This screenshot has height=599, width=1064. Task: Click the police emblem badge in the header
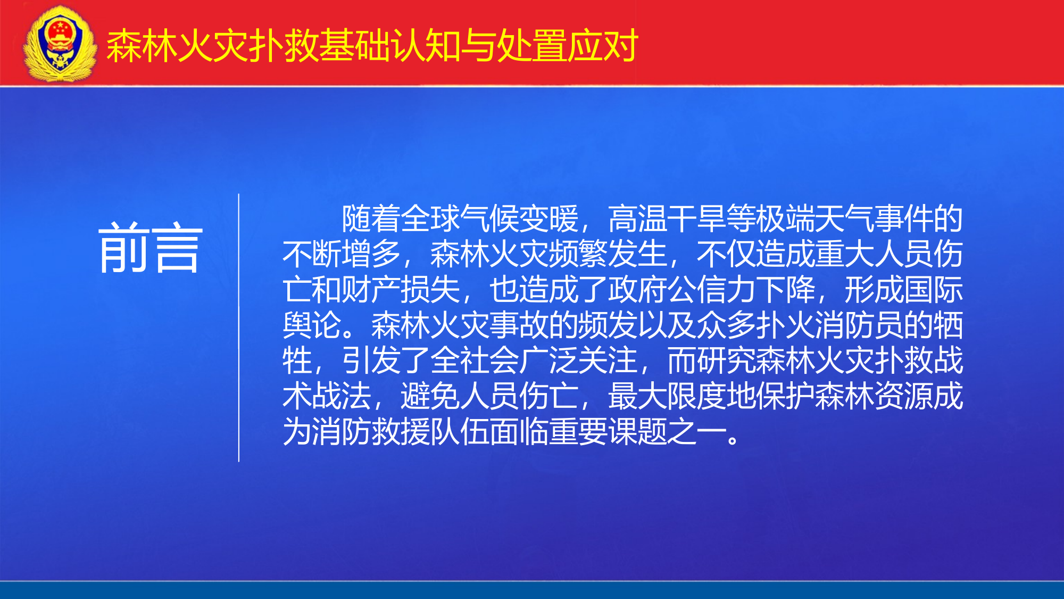[60, 44]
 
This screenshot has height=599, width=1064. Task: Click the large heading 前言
[151, 248]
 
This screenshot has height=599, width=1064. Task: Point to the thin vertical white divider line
[239, 327]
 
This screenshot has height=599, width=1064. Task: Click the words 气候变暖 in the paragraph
[519, 219]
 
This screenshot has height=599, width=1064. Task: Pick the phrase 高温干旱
[667, 219]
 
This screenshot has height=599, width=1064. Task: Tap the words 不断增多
[342, 255]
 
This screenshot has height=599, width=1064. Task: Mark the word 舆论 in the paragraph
[312, 325]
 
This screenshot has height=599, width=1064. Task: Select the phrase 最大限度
[667, 396]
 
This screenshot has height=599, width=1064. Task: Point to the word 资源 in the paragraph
[904, 396]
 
